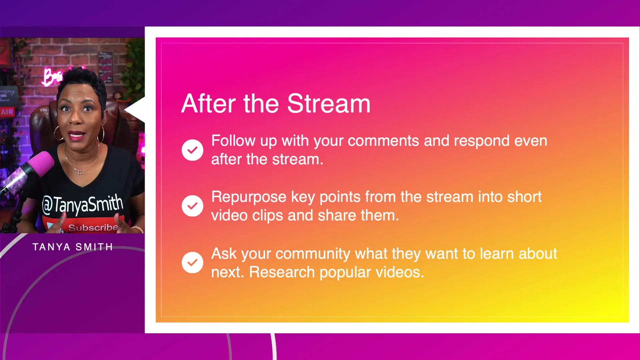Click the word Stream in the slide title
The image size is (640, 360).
pos(329,104)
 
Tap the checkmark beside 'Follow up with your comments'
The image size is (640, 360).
pos(192,150)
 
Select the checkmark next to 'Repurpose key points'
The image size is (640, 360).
pos(192,206)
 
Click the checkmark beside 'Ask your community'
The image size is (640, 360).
pos(192,263)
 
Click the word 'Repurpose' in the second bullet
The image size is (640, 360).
pos(249,198)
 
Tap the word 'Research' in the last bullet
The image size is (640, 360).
pos(282,272)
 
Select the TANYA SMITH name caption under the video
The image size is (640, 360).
pos(73,247)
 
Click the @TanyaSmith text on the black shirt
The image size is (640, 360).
pos(83,204)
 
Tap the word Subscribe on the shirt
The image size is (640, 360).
pos(93,228)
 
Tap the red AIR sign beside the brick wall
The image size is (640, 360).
pos(7,112)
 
